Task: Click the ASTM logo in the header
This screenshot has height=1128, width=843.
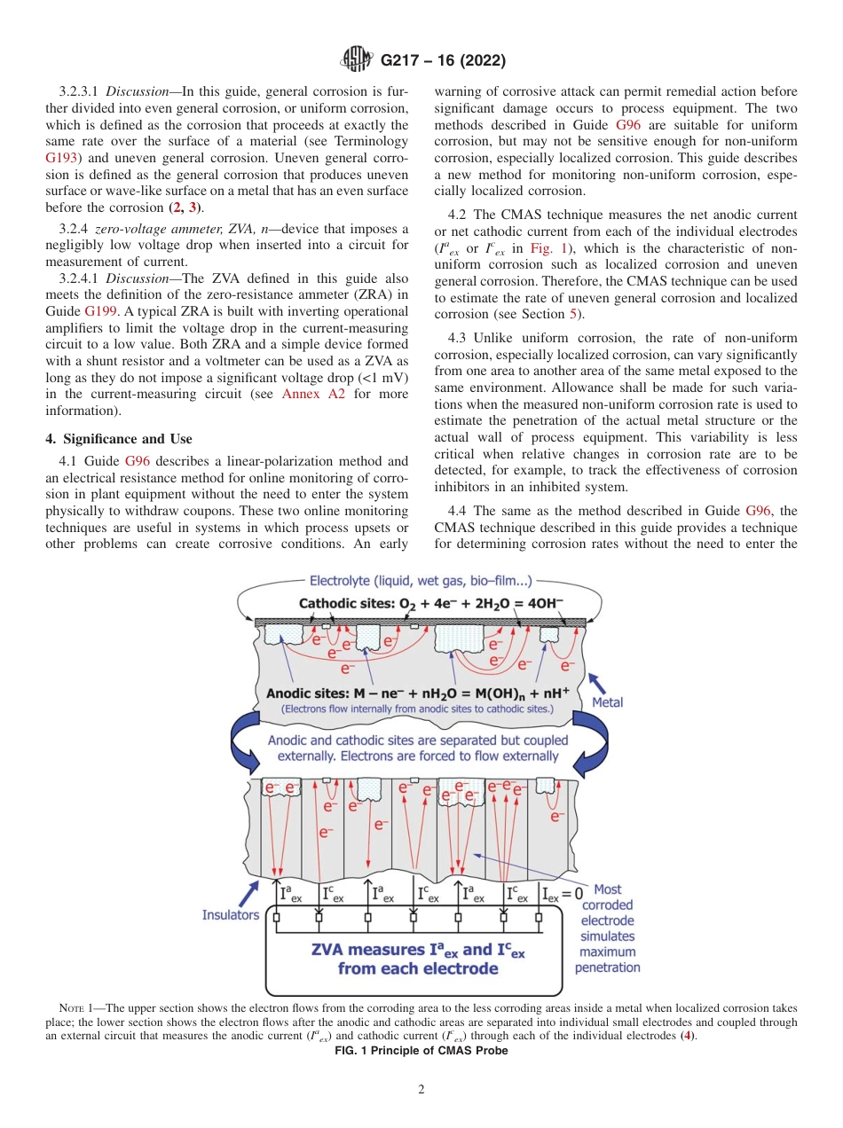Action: pos(355,61)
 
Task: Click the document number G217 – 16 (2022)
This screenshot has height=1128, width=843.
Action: pos(443,61)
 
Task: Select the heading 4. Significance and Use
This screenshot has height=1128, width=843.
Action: pos(118,439)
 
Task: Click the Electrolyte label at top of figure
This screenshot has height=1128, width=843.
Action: pos(421,582)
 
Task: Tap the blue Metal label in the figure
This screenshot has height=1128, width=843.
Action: pos(607,702)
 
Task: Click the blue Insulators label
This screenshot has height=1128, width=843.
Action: pos(231,914)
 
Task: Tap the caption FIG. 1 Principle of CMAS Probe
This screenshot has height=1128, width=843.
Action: pos(421,1050)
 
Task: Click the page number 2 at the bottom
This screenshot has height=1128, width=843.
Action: pos(421,1090)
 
